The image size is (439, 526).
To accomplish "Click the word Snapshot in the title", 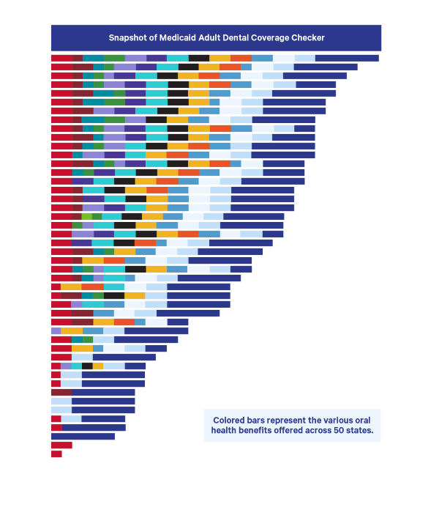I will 127,37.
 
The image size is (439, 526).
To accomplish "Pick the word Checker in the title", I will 326,37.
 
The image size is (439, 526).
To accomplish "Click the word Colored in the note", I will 230,421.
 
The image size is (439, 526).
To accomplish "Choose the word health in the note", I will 226,431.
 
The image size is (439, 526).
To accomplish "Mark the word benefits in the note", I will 263,431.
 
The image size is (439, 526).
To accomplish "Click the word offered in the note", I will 303,431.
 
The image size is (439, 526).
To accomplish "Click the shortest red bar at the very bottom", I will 56,454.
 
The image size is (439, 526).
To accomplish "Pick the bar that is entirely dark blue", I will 83,437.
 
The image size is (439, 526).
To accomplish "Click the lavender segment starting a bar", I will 56,330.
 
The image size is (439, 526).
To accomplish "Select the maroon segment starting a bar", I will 61,393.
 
